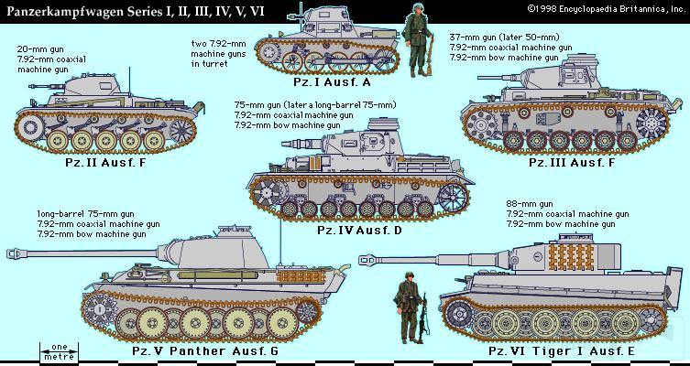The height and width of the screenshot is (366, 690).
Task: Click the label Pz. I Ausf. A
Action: click(x=332, y=82)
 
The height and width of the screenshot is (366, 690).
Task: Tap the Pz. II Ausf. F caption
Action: click(x=105, y=162)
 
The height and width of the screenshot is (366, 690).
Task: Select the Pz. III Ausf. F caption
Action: click(x=572, y=162)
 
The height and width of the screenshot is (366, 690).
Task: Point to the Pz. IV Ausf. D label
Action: click(x=359, y=231)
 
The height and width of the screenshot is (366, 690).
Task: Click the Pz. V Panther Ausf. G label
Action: click(x=205, y=350)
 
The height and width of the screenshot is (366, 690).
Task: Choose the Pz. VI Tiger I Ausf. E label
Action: click(x=562, y=350)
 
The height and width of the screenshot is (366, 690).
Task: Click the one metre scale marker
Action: click(x=60, y=352)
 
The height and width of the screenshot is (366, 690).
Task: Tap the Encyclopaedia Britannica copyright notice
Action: click(x=607, y=8)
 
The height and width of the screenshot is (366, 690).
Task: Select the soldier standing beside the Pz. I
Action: click(x=419, y=40)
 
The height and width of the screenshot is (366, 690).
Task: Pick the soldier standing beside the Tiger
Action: click(x=410, y=307)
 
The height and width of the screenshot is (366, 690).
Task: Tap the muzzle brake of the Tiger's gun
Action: click(x=367, y=260)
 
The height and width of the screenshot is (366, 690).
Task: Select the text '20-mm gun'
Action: click(x=38, y=49)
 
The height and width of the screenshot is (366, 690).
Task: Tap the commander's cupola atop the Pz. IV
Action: click(x=382, y=124)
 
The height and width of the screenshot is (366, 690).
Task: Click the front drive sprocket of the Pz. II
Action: click(x=31, y=127)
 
